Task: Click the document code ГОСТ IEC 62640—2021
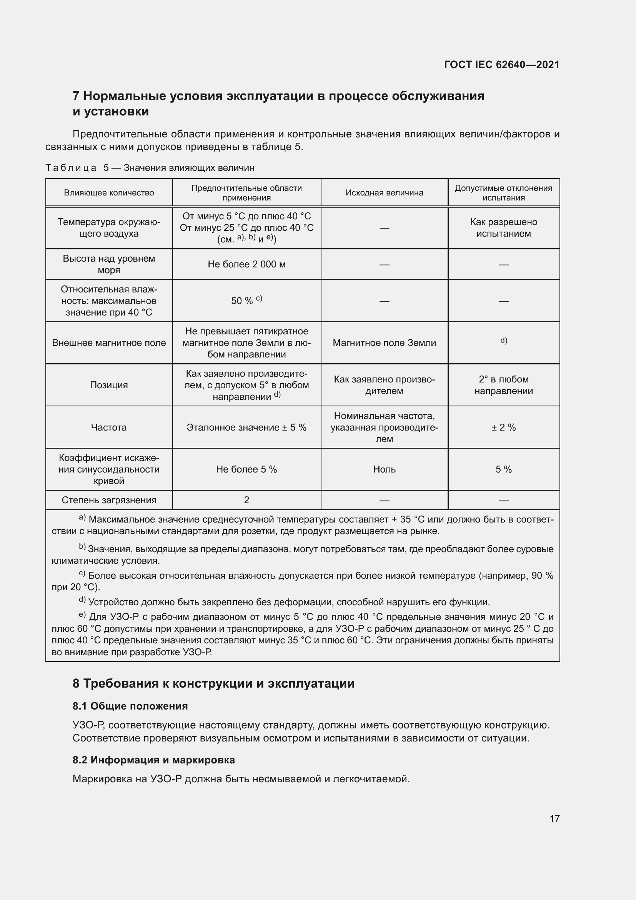pyautogui.click(x=501, y=65)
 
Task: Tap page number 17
pyautogui.click(x=554, y=818)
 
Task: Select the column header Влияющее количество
pyautogui.click(x=109, y=192)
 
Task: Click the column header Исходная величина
pyautogui.click(x=384, y=192)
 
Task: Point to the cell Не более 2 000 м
pyautogui.click(x=246, y=264)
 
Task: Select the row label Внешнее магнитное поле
pyautogui.click(x=109, y=342)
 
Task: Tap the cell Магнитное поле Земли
pyautogui.click(x=384, y=342)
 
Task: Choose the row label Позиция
pyautogui.click(x=109, y=385)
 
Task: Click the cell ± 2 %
pyautogui.click(x=503, y=427)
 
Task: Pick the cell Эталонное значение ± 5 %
pyautogui.click(x=246, y=427)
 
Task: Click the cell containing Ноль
pyautogui.click(x=384, y=469)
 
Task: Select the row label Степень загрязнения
pyautogui.click(x=109, y=500)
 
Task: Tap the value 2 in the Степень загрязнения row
pyautogui.click(x=246, y=500)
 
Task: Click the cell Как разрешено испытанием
pyautogui.click(x=503, y=228)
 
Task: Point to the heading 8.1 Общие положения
pyautogui.click(x=130, y=706)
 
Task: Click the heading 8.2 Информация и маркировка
pyautogui.click(x=153, y=760)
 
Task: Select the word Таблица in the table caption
pyautogui.click(x=71, y=168)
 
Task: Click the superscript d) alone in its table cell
pyautogui.click(x=504, y=340)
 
